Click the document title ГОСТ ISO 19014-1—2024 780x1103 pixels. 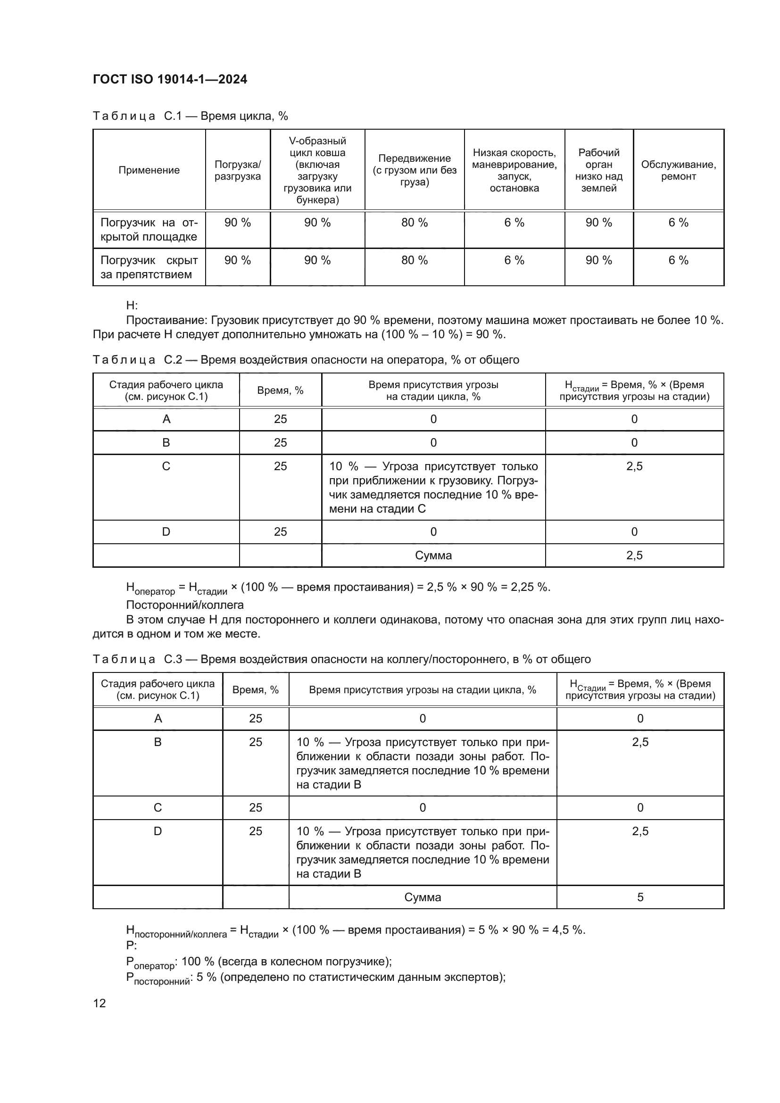(x=170, y=79)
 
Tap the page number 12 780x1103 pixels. (x=100, y=1003)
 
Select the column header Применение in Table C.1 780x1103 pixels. (x=149, y=170)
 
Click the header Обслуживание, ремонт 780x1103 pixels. (x=678, y=170)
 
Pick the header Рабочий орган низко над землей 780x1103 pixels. (x=598, y=170)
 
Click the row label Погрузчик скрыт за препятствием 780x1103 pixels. (x=149, y=267)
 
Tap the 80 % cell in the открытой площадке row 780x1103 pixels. (x=415, y=223)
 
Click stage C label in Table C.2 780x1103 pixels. (x=166, y=466)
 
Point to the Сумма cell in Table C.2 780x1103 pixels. (x=433, y=556)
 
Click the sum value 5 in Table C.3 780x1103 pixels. (x=640, y=897)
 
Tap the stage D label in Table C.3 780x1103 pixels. (x=158, y=831)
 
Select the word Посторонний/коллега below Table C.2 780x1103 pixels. (x=185, y=605)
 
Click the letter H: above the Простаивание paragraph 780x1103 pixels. (x=132, y=306)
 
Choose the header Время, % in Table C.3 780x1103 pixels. (x=256, y=690)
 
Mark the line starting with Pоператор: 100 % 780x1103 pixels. (x=259, y=961)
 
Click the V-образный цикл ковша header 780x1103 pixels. (x=317, y=170)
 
